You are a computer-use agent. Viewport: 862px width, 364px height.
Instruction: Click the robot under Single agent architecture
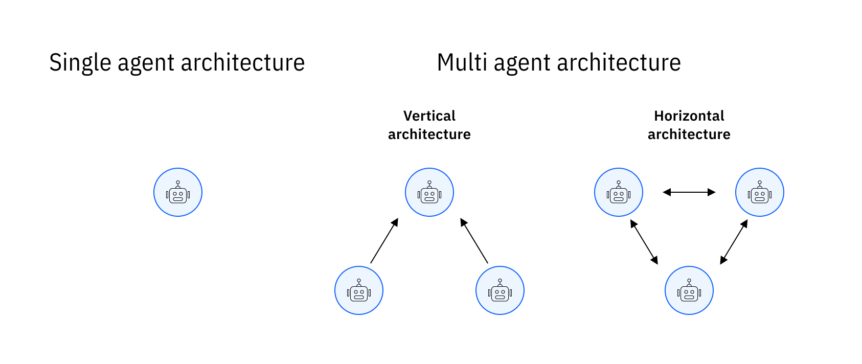click(x=178, y=192)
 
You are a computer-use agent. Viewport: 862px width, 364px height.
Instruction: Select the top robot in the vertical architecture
click(x=429, y=192)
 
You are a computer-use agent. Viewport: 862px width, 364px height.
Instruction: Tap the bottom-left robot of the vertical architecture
click(x=359, y=290)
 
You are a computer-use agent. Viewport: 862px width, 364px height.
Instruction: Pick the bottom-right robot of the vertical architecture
click(x=500, y=290)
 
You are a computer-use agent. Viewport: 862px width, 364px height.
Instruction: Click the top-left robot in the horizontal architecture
click(x=619, y=192)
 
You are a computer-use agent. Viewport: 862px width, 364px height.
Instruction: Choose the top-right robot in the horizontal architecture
click(x=760, y=192)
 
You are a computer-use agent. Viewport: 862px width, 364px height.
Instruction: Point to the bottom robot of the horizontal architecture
click(x=689, y=290)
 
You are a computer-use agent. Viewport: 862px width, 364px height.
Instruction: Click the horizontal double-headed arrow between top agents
click(x=689, y=192)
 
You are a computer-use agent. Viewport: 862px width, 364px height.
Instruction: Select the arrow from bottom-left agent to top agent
click(x=384, y=241)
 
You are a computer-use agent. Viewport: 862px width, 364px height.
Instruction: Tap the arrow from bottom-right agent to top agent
click(x=474, y=241)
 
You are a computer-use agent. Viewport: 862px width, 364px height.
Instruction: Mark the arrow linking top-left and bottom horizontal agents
click(x=644, y=242)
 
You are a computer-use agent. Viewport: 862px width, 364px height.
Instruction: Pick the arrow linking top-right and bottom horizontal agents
click(x=734, y=242)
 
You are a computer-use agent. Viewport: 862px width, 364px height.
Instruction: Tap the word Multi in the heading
click(x=462, y=62)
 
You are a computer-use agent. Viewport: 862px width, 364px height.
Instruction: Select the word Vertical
click(x=429, y=116)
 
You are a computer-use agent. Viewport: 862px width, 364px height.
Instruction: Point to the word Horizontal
click(x=689, y=116)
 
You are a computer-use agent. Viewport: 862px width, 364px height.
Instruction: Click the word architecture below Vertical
click(x=429, y=134)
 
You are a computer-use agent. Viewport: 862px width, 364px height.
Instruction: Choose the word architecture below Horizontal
click(x=689, y=134)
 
